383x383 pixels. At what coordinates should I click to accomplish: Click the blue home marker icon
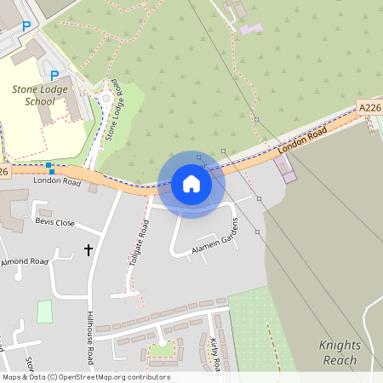point(191,184)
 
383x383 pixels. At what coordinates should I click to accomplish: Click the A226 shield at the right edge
point(369,107)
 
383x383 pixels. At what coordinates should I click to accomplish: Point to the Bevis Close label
point(55,223)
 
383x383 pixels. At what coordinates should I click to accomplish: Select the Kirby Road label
point(214,353)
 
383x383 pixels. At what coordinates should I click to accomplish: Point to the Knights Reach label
point(340,352)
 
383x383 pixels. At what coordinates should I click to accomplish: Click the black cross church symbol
point(88,249)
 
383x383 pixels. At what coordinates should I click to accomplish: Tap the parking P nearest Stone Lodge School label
point(54,75)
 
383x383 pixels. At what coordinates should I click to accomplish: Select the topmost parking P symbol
point(26,26)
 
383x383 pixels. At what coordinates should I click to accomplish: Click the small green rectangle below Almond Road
point(44,312)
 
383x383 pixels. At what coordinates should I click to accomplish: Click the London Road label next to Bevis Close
point(56,181)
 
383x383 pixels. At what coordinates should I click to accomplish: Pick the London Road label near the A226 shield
point(302,142)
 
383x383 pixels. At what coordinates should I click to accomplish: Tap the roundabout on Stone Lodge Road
point(106,99)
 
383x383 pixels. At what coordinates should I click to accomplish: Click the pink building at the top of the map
point(251,29)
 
